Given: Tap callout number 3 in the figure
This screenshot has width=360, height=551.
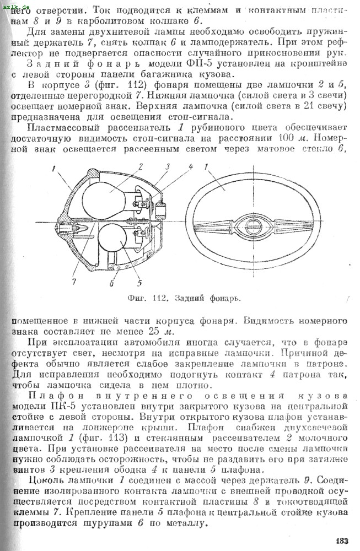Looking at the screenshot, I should point(166,166).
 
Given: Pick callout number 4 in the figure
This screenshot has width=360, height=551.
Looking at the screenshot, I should point(190,166).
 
